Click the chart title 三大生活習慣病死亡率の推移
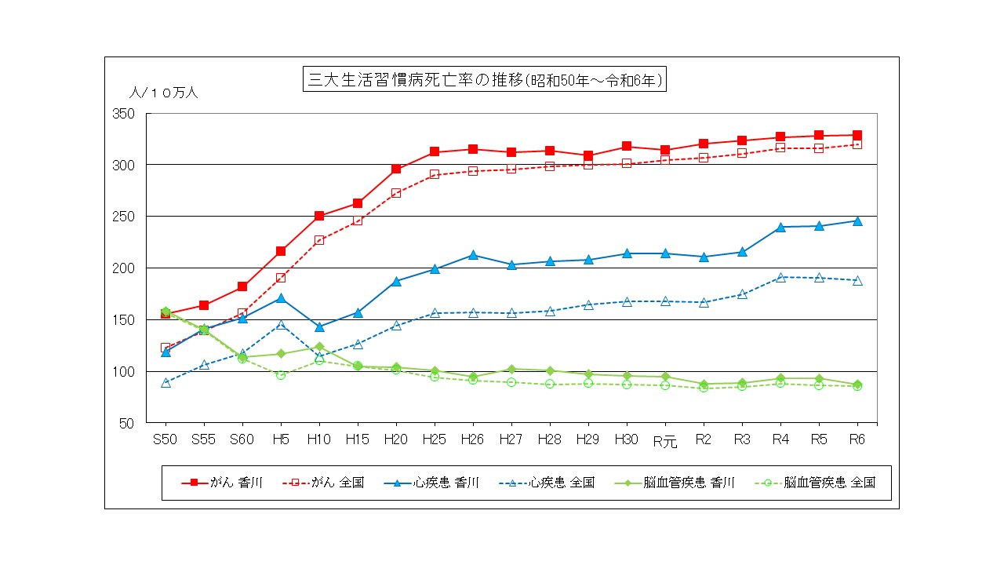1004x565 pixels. tap(484, 80)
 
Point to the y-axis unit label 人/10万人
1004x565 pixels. tap(164, 93)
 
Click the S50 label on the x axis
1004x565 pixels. tap(165, 439)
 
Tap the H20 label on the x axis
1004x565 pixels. tap(396, 439)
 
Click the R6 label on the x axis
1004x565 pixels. tap(857, 439)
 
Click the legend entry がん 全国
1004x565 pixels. tap(323, 483)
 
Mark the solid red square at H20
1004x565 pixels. tap(396, 169)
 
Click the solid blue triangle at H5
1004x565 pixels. tap(281, 298)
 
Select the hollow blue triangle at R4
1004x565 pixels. tap(780, 277)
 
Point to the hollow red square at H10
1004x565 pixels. tap(319, 240)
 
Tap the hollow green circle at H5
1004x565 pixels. tap(281, 374)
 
